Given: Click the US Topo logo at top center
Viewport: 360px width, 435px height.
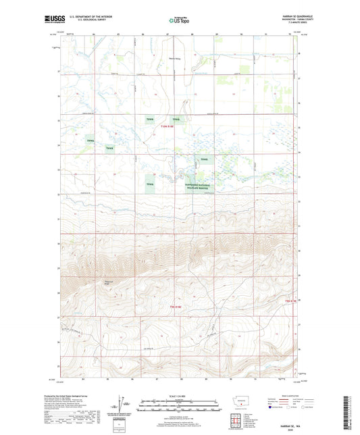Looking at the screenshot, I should click(179, 21).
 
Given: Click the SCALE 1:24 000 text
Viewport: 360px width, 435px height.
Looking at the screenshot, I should click(179, 395).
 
